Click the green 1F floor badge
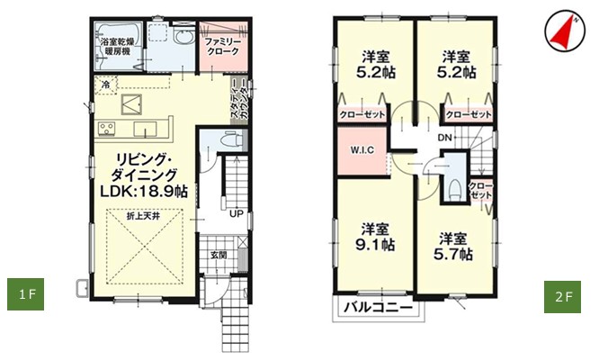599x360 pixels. (x=25, y=294)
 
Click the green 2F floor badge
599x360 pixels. (x=562, y=297)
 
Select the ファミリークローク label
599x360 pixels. (x=222, y=46)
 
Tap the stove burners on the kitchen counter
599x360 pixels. (x=107, y=128)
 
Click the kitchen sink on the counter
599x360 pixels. (x=145, y=130)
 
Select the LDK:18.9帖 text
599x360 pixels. (x=144, y=191)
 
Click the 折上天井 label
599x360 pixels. (x=143, y=216)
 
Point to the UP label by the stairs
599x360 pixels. (x=237, y=214)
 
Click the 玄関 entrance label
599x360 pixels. (x=219, y=255)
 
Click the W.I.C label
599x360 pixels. (x=362, y=149)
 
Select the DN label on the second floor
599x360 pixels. (x=444, y=138)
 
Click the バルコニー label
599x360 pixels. (x=379, y=307)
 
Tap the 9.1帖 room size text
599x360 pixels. (x=375, y=245)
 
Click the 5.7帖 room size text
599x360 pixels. (x=453, y=254)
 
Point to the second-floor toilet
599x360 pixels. (x=454, y=190)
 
